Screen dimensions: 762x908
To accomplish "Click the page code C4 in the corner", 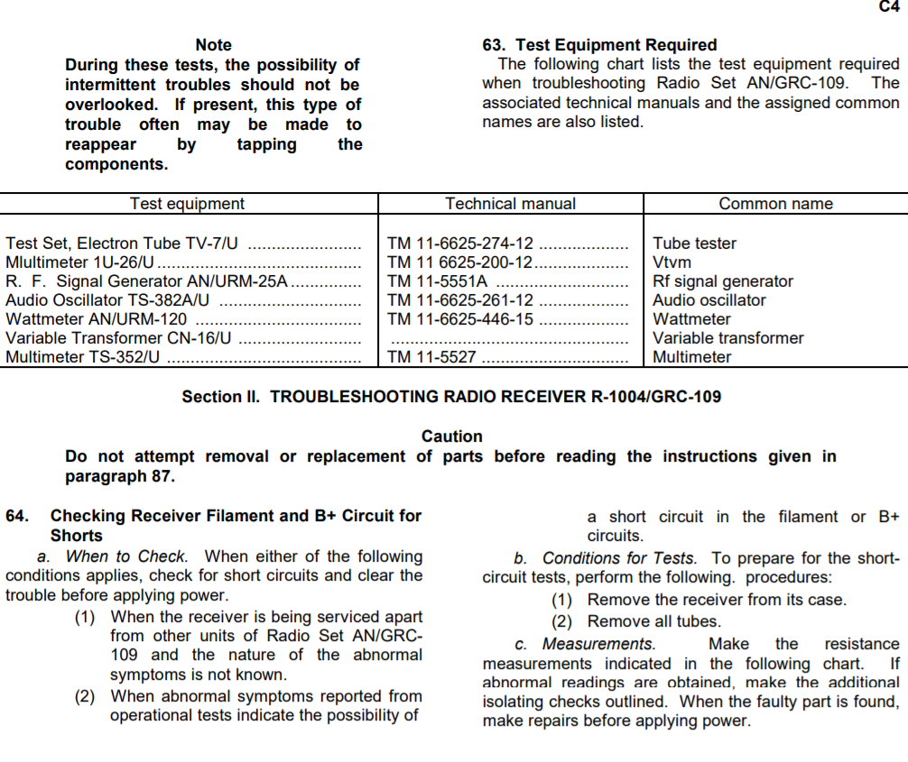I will pos(889,6).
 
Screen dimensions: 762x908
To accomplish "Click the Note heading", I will pos(213,45).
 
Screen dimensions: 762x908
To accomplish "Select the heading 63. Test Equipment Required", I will pos(600,45).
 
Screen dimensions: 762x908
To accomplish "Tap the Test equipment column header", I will pos(187,204).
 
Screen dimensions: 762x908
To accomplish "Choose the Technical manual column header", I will pos(510,204).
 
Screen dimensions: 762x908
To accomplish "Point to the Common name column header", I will pos(775,204).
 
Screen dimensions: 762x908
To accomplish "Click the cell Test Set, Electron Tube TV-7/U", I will pos(122,243).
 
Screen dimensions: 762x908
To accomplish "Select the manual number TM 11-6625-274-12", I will pos(460,243).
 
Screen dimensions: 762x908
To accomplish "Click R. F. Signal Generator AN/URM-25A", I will pos(147,281).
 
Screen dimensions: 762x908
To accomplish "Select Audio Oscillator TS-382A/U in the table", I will pos(108,300).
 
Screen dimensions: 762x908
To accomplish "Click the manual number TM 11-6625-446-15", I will pos(460,319).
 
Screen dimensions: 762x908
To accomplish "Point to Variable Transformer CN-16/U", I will pos(119,338).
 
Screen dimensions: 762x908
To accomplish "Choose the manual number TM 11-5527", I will pos(431,357).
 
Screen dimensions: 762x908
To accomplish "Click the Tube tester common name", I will pos(694,243).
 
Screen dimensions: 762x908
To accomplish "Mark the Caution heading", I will pos(452,436).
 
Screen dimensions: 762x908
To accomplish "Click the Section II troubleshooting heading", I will pos(451,397).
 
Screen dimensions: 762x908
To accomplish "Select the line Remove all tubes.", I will pos(653,621).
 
